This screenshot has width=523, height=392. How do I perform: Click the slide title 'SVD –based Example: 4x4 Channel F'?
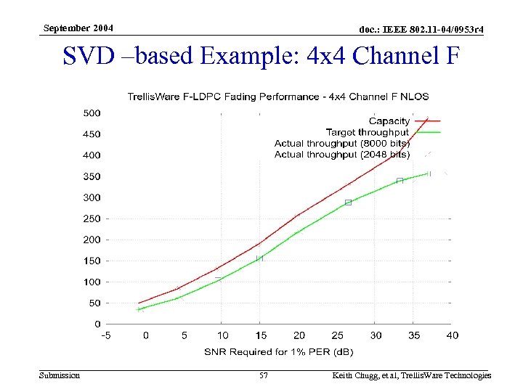tap(261, 56)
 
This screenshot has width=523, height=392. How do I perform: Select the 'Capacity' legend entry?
tap(389, 121)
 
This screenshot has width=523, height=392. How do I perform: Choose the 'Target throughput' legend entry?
tap(368, 132)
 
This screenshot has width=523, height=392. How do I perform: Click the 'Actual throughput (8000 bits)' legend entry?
tap(341, 144)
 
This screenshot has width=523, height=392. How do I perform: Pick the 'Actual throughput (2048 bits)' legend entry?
tap(341, 155)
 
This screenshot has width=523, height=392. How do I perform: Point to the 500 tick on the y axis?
tap(92, 113)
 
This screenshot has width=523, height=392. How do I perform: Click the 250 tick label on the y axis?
tap(92, 219)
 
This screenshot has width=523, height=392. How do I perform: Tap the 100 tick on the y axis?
tap(92, 282)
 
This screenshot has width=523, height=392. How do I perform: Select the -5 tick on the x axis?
tap(106, 335)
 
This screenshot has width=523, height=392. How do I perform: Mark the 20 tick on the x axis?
tap(299, 335)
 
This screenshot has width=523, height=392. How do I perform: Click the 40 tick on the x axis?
tap(452, 335)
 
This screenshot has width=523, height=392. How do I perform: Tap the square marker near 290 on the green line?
tap(348, 203)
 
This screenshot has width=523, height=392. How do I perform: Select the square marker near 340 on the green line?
tap(400, 181)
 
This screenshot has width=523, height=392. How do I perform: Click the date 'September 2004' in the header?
tap(78, 28)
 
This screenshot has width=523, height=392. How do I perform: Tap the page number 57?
tap(264, 375)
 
